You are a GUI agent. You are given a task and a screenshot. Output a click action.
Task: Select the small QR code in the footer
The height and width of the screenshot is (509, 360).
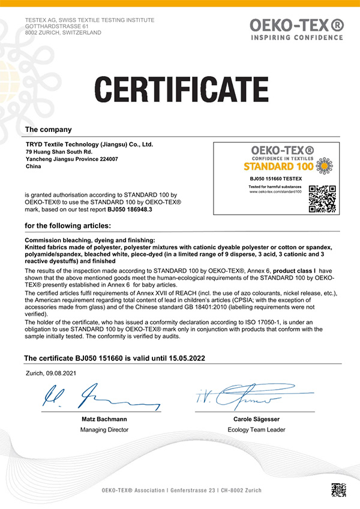pyautogui.click(x=338, y=490)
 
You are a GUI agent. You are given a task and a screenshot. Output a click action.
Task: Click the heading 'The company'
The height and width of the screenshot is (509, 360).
pyautogui.click(x=48, y=129)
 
